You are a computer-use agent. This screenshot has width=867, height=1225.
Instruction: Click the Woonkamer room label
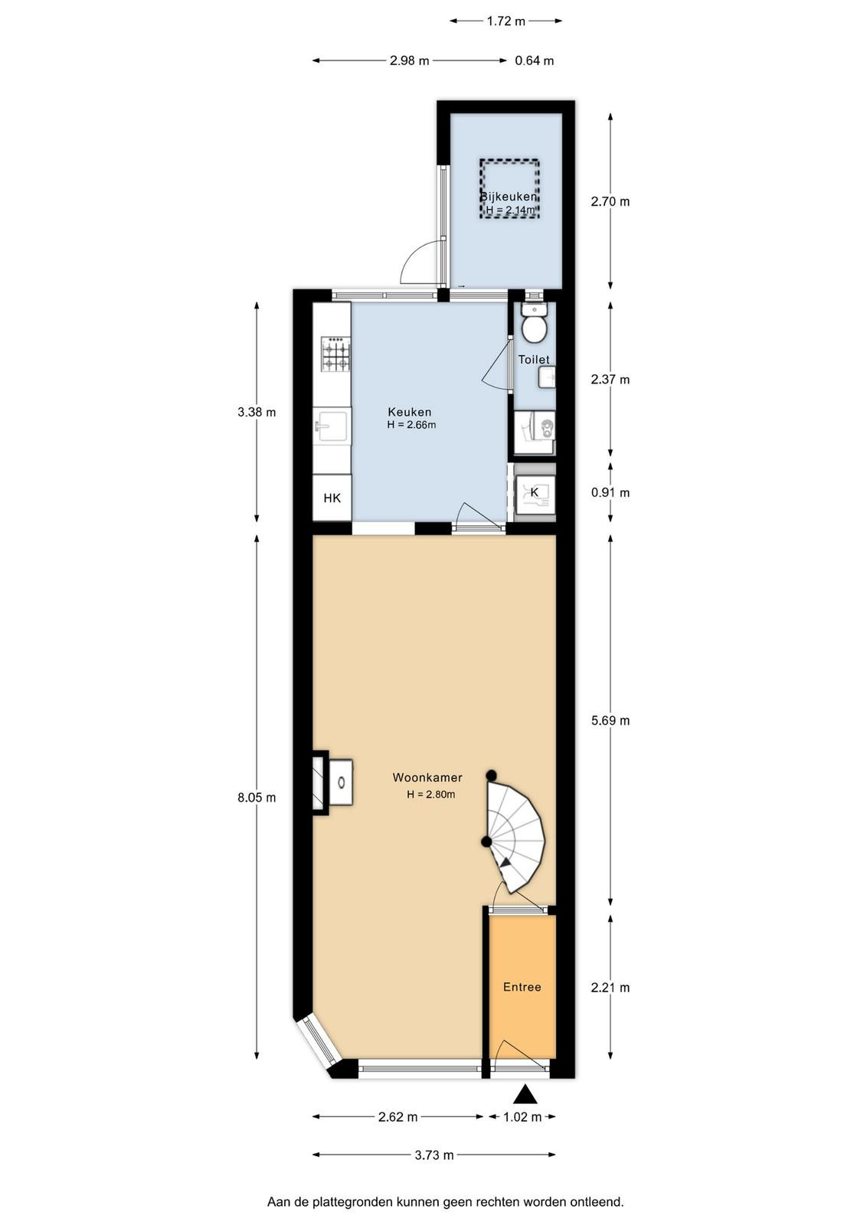[x=427, y=777]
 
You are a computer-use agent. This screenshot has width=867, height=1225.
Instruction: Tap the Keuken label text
[x=410, y=412]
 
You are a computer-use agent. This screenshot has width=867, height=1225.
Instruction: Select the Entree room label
[x=522, y=987]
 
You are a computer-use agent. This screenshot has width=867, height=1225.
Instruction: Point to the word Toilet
[x=534, y=359]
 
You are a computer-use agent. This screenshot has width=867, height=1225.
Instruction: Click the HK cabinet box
[x=332, y=498]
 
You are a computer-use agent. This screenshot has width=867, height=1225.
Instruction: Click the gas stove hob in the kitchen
[x=335, y=354]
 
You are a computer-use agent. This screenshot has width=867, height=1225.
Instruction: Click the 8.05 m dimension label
[x=257, y=797]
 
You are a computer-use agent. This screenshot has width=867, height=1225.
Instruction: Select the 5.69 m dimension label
[x=610, y=720]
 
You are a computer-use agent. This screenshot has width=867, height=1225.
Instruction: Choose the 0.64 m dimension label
[x=535, y=60]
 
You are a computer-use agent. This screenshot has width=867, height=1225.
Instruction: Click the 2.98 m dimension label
[x=409, y=60]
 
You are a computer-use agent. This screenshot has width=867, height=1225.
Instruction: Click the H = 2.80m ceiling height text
[x=431, y=795]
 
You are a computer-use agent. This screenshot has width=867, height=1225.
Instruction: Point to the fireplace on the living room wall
[x=333, y=783]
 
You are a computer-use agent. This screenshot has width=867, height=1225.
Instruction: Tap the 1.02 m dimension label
[x=522, y=1117]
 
